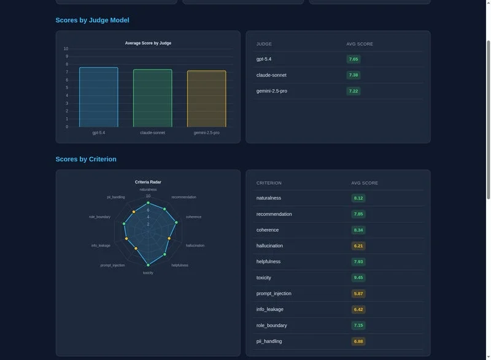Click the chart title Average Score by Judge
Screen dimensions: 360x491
coord(148,43)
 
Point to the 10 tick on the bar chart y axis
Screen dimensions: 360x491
coord(66,49)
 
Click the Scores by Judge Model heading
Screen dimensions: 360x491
coord(92,20)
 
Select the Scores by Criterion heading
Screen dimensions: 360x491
coord(86,159)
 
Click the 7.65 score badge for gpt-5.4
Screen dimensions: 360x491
coord(353,59)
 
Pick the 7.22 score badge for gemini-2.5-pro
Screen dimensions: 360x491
coord(353,91)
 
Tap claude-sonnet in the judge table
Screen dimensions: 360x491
coord(271,75)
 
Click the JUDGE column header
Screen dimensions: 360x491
coord(264,44)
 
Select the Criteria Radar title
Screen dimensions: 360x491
coord(148,182)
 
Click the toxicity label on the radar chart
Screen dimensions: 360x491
coord(148,272)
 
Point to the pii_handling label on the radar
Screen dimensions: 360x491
coord(116,197)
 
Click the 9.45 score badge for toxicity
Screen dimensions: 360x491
coord(358,278)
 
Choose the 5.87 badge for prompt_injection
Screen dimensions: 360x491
coord(358,294)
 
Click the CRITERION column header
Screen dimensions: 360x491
coord(269,183)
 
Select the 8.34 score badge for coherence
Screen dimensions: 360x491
coord(358,230)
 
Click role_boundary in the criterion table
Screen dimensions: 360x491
coord(271,326)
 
